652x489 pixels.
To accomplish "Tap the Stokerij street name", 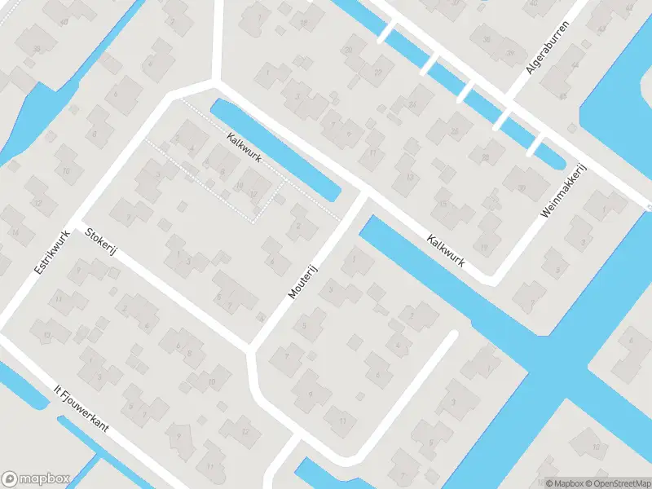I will pyautogui.click(x=102, y=243).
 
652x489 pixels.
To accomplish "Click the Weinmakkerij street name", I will pyautogui.click(x=564, y=192).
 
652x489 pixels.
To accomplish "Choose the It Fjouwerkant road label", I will pyautogui.click(x=81, y=411).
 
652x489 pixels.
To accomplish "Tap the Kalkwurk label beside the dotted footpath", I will pyautogui.click(x=244, y=148).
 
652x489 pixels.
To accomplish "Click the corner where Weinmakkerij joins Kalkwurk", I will pyautogui.click(x=491, y=280).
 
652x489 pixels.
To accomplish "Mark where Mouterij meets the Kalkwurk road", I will pyautogui.click(x=363, y=196).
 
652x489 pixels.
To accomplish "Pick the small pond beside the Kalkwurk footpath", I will pyautogui.click(x=277, y=151).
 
